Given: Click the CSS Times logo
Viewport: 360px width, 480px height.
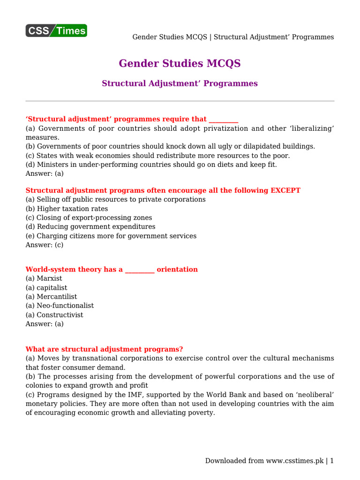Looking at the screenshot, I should [x=56, y=30].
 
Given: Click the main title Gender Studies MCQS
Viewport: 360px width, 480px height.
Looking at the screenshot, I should [x=180, y=63].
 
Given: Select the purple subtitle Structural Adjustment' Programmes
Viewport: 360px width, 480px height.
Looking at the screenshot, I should [x=180, y=83].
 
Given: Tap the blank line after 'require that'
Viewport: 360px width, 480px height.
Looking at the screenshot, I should [x=223, y=120].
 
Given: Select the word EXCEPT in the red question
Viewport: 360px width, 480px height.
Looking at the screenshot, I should [x=285, y=190].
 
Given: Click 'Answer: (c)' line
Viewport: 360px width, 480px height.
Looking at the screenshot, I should [x=45, y=245].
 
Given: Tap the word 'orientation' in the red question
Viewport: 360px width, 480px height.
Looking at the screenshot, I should [x=177, y=270].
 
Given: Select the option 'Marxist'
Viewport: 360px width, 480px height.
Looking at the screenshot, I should [x=49, y=278].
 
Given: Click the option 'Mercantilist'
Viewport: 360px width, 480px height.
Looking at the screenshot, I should [x=57, y=297].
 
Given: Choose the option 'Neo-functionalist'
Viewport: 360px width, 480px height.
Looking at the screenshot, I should [x=65, y=306].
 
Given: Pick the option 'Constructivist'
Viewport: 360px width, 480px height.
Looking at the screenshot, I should [x=60, y=315].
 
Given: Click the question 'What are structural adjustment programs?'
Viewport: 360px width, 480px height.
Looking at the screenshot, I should [x=104, y=349].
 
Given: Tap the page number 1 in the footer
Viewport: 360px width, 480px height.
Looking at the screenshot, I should [x=331, y=461].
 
